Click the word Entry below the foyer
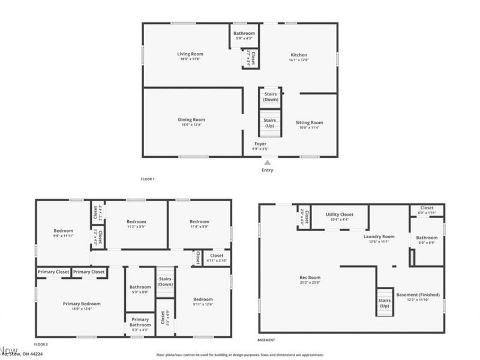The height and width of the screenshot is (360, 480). point(268,170)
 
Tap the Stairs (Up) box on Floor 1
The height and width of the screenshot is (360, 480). point(270,122)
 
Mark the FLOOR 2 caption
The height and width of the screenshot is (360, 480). point(41,344)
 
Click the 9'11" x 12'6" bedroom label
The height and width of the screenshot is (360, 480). point(203,301)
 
